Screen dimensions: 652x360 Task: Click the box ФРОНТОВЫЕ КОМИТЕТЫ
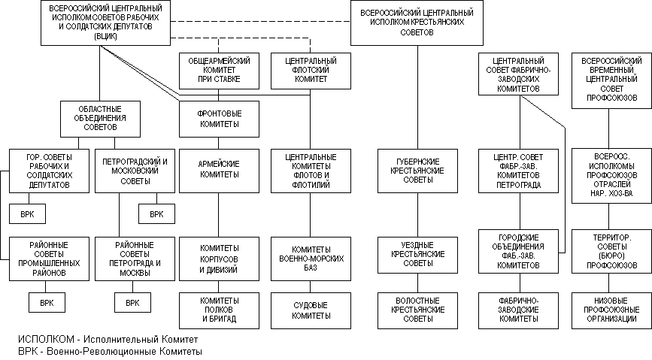[219, 119]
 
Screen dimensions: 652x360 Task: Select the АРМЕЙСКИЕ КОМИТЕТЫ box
[219, 171]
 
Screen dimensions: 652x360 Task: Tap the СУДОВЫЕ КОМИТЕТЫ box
[311, 310]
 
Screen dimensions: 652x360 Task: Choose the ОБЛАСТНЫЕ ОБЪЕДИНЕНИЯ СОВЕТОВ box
[100, 119]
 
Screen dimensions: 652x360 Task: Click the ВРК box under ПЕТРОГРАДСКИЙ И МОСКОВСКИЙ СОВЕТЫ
[156, 214]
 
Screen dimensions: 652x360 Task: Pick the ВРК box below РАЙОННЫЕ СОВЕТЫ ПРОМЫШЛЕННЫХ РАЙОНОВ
[47, 303]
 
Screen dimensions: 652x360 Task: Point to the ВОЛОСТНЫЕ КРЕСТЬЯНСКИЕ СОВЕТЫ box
[417, 310]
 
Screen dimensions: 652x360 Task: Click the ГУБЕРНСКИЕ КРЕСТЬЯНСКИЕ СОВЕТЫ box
[417, 171]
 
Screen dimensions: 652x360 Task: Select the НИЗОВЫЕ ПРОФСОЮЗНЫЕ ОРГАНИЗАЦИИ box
[611, 310]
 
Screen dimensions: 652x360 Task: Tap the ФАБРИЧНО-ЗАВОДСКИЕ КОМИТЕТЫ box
[519, 310]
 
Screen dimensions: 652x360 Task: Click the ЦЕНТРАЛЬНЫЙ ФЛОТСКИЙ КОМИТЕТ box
[311, 71]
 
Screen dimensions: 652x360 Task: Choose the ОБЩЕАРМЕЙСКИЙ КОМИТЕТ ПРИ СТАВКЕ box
[219, 71]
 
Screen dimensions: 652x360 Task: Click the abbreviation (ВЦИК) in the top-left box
[105, 36]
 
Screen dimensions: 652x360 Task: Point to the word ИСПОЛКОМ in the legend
[46, 339]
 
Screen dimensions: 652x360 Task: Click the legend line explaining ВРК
[111, 351]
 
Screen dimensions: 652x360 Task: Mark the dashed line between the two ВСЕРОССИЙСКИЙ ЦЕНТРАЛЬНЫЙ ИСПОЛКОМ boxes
[260, 21]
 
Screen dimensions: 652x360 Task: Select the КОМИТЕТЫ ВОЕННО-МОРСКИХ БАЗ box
[311, 259]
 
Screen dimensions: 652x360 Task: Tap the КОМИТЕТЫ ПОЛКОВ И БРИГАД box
[219, 310]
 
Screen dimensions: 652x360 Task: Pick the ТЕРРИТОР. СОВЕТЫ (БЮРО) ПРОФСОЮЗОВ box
[611, 251]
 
